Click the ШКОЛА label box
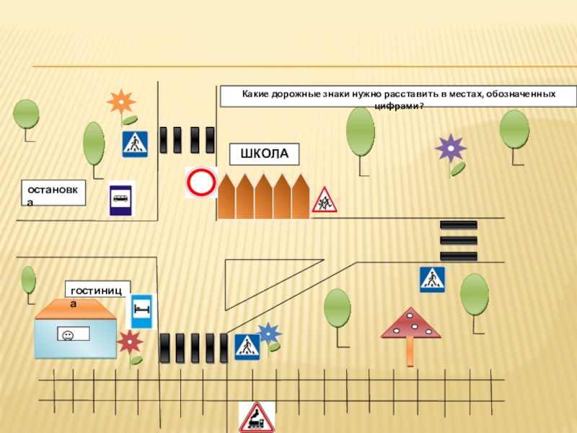[x=264, y=154]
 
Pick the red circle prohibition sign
[x=201, y=182]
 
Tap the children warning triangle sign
[x=324, y=200]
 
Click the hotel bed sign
[x=141, y=311]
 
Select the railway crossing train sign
[x=257, y=417]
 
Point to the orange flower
[x=120, y=103]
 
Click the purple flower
[x=451, y=149]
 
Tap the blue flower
[x=268, y=333]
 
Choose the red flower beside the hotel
[x=130, y=342]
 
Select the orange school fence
[x=263, y=196]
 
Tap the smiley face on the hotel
[x=67, y=335]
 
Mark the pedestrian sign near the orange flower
[x=135, y=144]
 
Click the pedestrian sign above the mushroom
[x=432, y=279]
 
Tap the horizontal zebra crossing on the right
[x=458, y=240]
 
